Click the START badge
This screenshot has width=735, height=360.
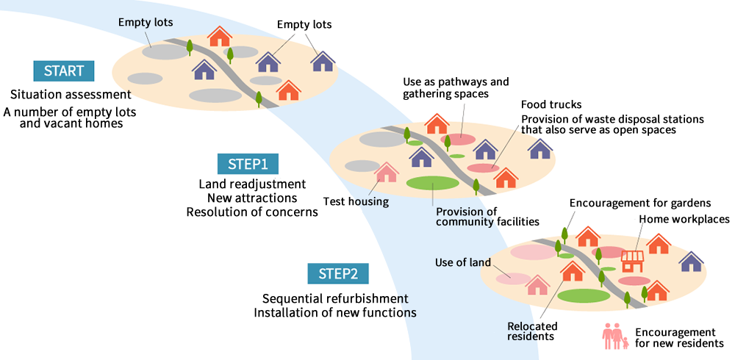coord(64,71)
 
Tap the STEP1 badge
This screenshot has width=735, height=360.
coord(248,164)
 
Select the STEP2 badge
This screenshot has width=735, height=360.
coord(338,274)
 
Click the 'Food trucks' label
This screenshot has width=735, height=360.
coord(551,104)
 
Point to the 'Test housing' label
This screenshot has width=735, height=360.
coord(356,201)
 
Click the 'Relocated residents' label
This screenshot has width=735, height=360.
coord(532,331)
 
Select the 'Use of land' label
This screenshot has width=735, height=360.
coord(462,262)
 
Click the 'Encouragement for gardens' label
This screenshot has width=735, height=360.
coord(640,203)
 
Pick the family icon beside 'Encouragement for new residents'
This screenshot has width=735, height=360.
coord(615,336)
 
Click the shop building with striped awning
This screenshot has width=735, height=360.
coord(633,261)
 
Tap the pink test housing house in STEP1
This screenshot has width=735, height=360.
coord(387,172)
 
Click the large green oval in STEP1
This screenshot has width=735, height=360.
coord(432,183)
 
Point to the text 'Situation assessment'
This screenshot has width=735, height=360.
coord(71,94)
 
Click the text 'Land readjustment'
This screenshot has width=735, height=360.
coord(252,184)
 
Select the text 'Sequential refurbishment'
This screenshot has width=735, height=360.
coord(335,298)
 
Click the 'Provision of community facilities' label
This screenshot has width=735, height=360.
coord(487,217)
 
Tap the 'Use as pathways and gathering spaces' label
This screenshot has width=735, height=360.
coord(456,87)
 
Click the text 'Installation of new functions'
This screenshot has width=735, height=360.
coord(335,312)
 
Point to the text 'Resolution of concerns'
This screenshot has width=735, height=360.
coord(252,212)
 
